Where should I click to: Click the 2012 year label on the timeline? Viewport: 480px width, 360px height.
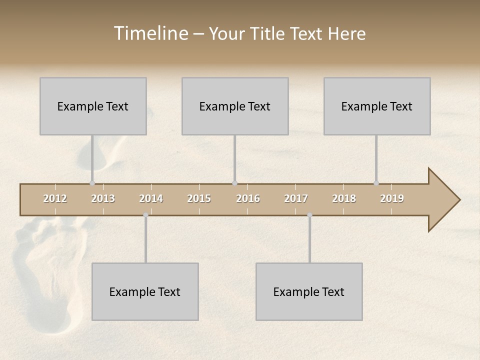click(x=55, y=198)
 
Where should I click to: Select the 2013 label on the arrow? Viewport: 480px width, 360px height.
click(x=103, y=198)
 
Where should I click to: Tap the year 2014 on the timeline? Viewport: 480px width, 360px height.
click(x=151, y=198)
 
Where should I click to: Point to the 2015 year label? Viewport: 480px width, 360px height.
click(x=199, y=198)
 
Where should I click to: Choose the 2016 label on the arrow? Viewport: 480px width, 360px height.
click(x=248, y=198)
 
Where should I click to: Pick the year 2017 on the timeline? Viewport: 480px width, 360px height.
click(x=296, y=198)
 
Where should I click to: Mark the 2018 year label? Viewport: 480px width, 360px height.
click(x=344, y=198)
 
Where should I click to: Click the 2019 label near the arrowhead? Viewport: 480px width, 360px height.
click(x=392, y=198)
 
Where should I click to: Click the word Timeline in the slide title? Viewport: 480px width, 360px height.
click(x=150, y=33)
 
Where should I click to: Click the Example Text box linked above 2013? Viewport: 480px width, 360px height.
click(x=93, y=106)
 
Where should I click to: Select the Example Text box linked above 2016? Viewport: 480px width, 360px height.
click(x=235, y=106)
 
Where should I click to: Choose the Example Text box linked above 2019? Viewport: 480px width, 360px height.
click(x=377, y=106)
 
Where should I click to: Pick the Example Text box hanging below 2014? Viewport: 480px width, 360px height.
click(x=145, y=291)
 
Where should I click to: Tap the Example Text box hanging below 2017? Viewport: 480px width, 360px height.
click(x=309, y=291)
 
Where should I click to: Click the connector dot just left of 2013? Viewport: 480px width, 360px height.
click(x=92, y=183)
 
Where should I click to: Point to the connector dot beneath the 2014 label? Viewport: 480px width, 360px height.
click(x=145, y=215)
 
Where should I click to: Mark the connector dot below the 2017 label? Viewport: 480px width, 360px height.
click(x=309, y=215)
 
